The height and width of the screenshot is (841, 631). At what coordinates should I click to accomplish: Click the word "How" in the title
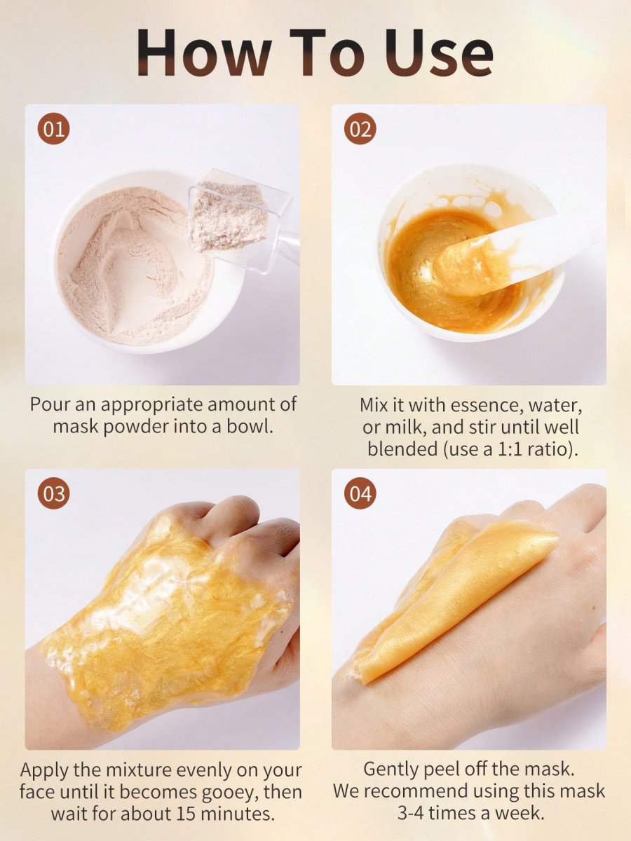pyautogui.click(x=204, y=52)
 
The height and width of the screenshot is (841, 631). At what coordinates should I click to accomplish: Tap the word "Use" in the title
pyautogui.click(x=439, y=52)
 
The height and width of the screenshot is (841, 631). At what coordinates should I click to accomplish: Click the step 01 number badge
pyautogui.click(x=54, y=129)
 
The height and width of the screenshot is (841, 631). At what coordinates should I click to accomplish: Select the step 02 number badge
pyautogui.click(x=360, y=129)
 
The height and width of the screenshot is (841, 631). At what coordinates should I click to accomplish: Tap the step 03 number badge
pyautogui.click(x=54, y=493)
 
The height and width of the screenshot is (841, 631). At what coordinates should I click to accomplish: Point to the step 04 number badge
pyautogui.click(x=360, y=493)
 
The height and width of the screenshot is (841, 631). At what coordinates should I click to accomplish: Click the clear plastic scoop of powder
pyautogui.click(x=240, y=220)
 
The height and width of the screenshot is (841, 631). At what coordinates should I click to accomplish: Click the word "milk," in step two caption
pyautogui.click(x=406, y=427)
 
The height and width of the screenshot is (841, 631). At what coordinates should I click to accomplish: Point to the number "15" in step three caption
pyautogui.click(x=186, y=813)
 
